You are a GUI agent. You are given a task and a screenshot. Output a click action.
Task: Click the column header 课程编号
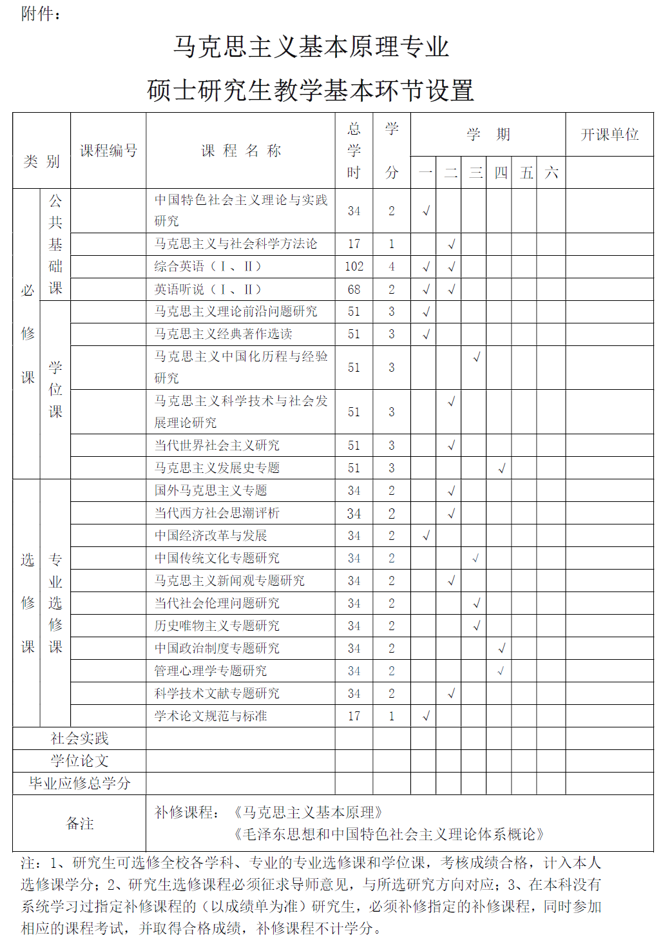[x=108, y=151]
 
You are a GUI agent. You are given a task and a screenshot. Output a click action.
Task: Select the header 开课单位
[x=610, y=134]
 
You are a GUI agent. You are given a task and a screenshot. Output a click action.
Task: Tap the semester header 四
[x=501, y=173]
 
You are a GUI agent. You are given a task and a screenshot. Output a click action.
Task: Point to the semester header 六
[x=552, y=173]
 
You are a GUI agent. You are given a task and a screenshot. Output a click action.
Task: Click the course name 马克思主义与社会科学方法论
[x=236, y=244]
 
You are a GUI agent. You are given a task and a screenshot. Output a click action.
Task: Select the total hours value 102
[x=354, y=267]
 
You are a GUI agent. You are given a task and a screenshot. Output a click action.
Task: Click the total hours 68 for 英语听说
[x=354, y=289]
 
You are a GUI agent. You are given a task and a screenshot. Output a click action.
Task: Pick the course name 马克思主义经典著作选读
[x=223, y=334]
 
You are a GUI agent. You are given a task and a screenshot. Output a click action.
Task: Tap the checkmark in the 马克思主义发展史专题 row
[x=501, y=468]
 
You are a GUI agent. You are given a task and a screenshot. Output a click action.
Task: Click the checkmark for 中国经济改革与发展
[x=426, y=535]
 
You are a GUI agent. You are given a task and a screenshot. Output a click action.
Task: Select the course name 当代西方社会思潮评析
[x=217, y=513]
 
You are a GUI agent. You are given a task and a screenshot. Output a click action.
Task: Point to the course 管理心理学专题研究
[x=211, y=671]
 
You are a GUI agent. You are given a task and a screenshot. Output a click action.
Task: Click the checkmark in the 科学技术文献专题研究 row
[x=451, y=693]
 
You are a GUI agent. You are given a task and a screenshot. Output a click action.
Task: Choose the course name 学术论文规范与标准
[x=211, y=716]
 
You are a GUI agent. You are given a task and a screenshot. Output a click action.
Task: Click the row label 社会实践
[x=79, y=738]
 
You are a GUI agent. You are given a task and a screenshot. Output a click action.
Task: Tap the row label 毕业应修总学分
[x=79, y=783]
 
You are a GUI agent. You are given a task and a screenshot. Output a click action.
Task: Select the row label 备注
[x=79, y=823]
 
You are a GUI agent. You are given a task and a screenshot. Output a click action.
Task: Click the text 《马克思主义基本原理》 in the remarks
[x=308, y=812]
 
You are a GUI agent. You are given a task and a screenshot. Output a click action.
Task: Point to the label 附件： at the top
[x=41, y=14]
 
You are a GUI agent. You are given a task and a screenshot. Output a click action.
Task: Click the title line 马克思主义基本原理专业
[x=311, y=46]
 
